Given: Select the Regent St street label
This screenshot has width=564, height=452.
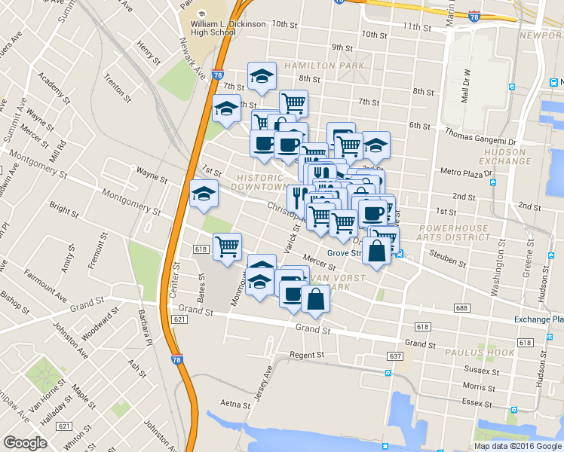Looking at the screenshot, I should tap(307, 354).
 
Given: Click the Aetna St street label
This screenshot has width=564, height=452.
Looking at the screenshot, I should tap(234, 405).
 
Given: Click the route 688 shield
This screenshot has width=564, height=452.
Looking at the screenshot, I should tap(462, 309).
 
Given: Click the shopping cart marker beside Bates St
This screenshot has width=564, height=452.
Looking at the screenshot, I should tap(227, 246).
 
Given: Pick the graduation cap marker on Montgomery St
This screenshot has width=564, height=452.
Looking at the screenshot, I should tap(204, 194).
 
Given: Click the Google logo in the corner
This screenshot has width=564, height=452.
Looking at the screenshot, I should tap(25, 443).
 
